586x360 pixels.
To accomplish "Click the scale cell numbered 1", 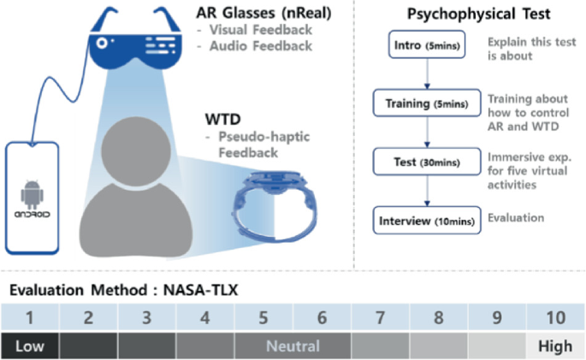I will (29, 319).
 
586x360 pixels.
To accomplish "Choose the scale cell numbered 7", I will (380, 319).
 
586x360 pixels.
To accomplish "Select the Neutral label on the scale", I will (292, 346).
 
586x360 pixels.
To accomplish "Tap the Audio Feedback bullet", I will (261, 46).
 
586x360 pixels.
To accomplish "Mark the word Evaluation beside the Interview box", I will (516, 217).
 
